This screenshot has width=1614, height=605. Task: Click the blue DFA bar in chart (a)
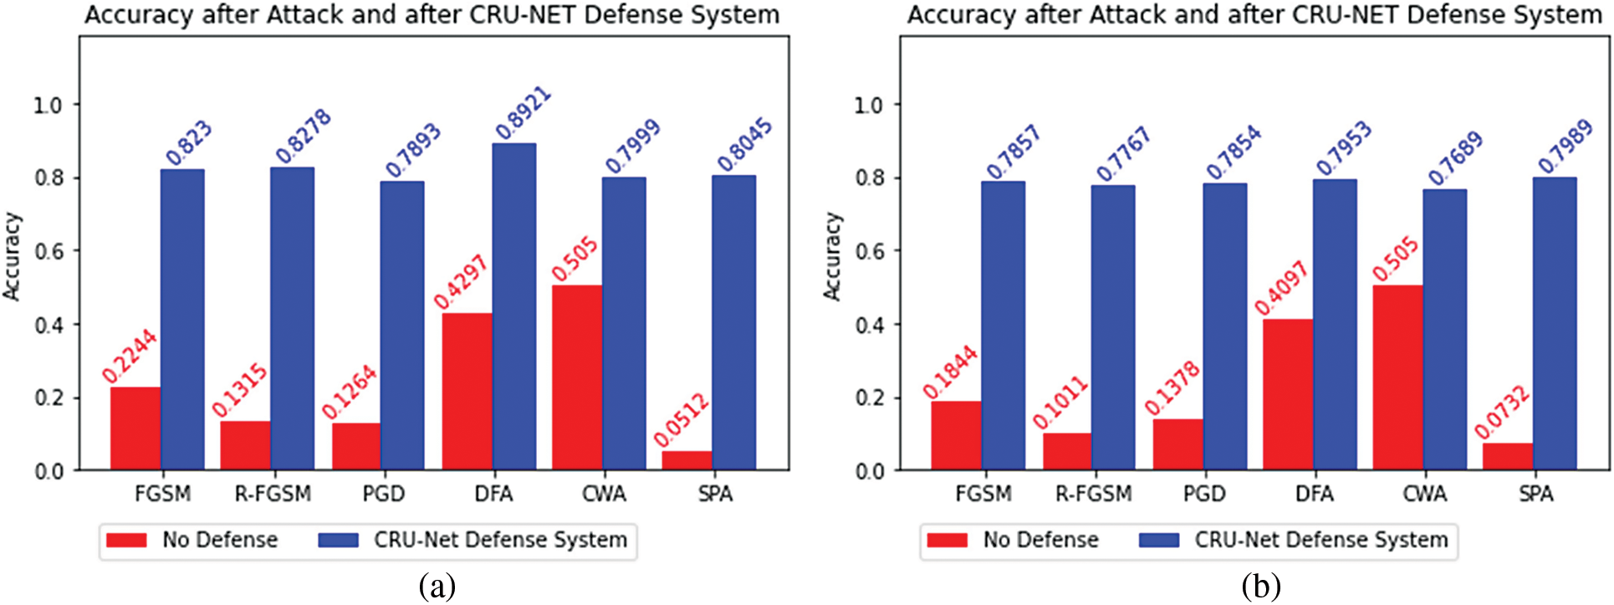pos(514,306)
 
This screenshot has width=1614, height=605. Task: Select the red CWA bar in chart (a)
pos(577,377)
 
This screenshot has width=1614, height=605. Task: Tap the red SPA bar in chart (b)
pos(1508,456)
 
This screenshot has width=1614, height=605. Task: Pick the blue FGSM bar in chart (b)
pos(1004,326)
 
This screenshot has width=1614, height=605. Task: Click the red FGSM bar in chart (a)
pos(135,428)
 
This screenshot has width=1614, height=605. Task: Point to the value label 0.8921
pos(523,113)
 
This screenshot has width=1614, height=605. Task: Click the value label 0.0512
pos(681,420)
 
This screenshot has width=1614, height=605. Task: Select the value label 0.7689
pos(1455,157)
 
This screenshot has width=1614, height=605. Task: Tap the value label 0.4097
pos(1280,289)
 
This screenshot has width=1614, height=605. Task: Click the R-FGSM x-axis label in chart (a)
pos(273,494)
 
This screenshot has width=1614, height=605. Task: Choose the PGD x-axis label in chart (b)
pos(1204,494)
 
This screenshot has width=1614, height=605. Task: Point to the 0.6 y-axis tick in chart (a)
pos(49,251)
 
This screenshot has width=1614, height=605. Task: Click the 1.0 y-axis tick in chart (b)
pos(870,105)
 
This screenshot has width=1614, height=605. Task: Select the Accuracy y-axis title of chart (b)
pos(831,256)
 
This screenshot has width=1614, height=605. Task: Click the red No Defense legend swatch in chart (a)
pos(126,541)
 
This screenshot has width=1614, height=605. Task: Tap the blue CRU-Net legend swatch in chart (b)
pos(1159,541)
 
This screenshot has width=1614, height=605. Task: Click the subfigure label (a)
pos(437,587)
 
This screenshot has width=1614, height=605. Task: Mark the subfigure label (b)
pos(1260,587)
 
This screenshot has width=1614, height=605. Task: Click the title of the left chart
pos(432,14)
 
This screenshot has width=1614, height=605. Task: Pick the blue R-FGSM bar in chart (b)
pos(1113,327)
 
